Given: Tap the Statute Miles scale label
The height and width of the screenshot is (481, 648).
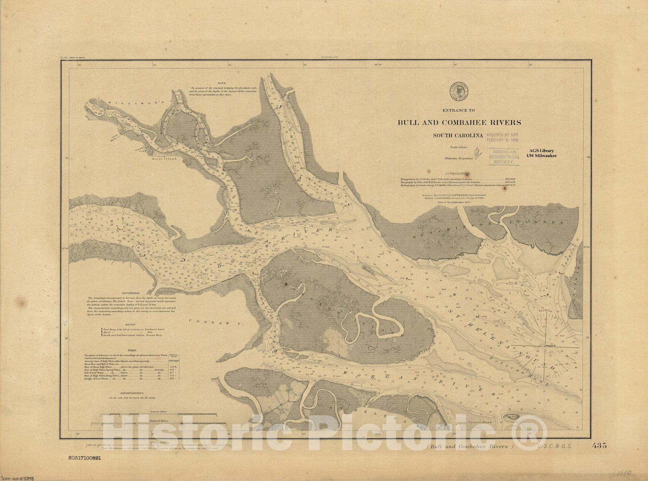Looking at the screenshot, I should pyautogui.click(x=158, y=411).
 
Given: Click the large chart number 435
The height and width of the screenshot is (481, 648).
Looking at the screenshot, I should pyautogui.click(x=599, y=446).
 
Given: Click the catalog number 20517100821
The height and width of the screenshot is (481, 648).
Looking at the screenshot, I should pyautogui.click(x=87, y=457).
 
